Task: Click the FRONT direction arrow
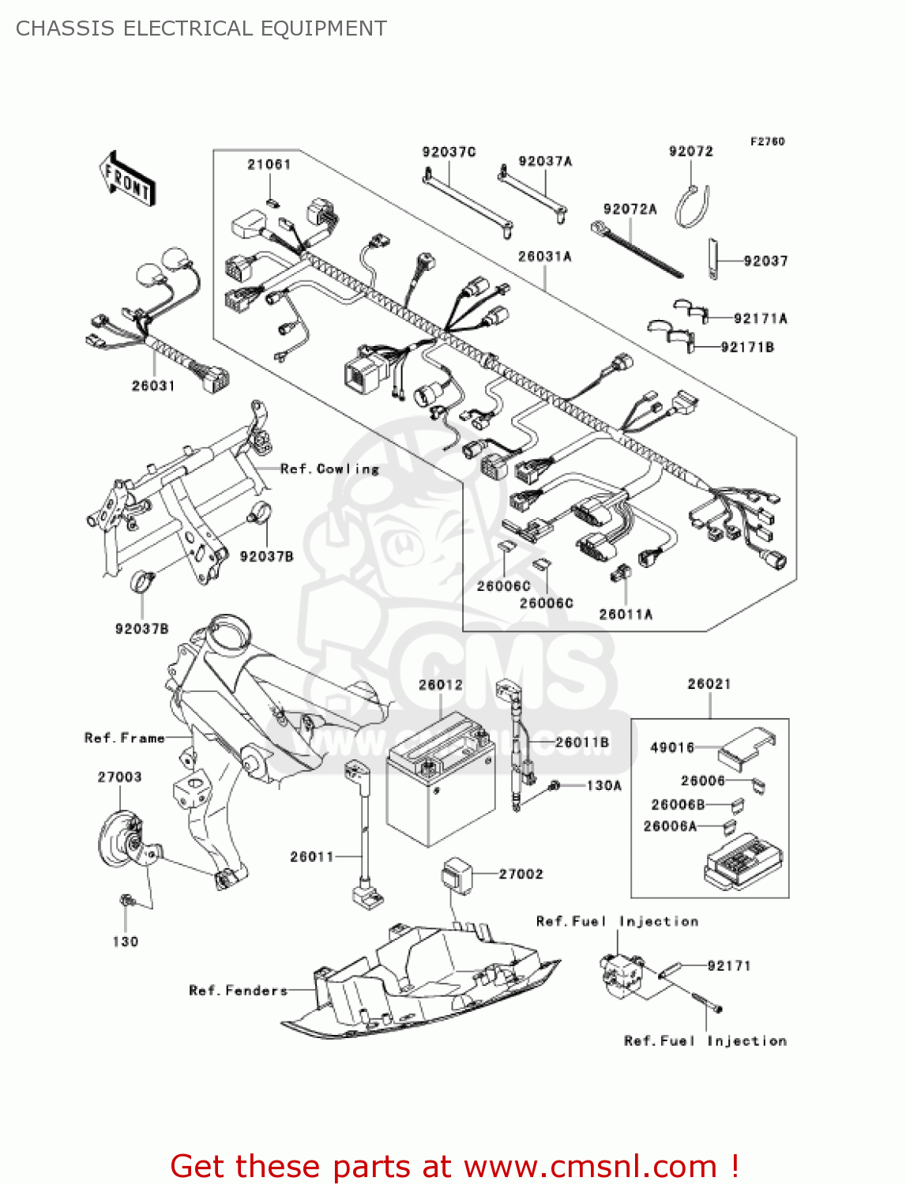(x=126, y=180)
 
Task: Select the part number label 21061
(x=269, y=164)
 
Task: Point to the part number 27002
(x=521, y=874)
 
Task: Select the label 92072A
(x=630, y=209)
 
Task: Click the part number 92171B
(x=747, y=347)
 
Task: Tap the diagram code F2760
(x=767, y=141)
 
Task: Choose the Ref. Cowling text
(x=330, y=469)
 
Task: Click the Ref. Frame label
(x=125, y=738)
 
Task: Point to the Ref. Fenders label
(x=238, y=991)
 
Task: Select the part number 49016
(x=671, y=747)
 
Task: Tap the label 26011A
(x=626, y=614)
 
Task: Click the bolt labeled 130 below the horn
(x=126, y=901)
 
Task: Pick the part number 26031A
(x=544, y=257)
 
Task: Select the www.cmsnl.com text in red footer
(x=589, y=1166)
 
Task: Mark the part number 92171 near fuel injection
(x=728, y=965)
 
